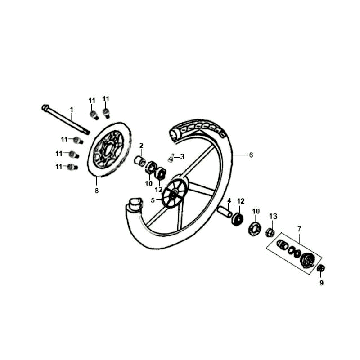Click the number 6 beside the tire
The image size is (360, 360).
pos(251,154)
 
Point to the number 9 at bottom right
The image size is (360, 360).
pos(321,283)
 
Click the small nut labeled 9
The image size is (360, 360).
pos(321,271)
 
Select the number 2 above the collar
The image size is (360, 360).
pos(141,144)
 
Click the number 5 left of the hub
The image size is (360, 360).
pos(151,200)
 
